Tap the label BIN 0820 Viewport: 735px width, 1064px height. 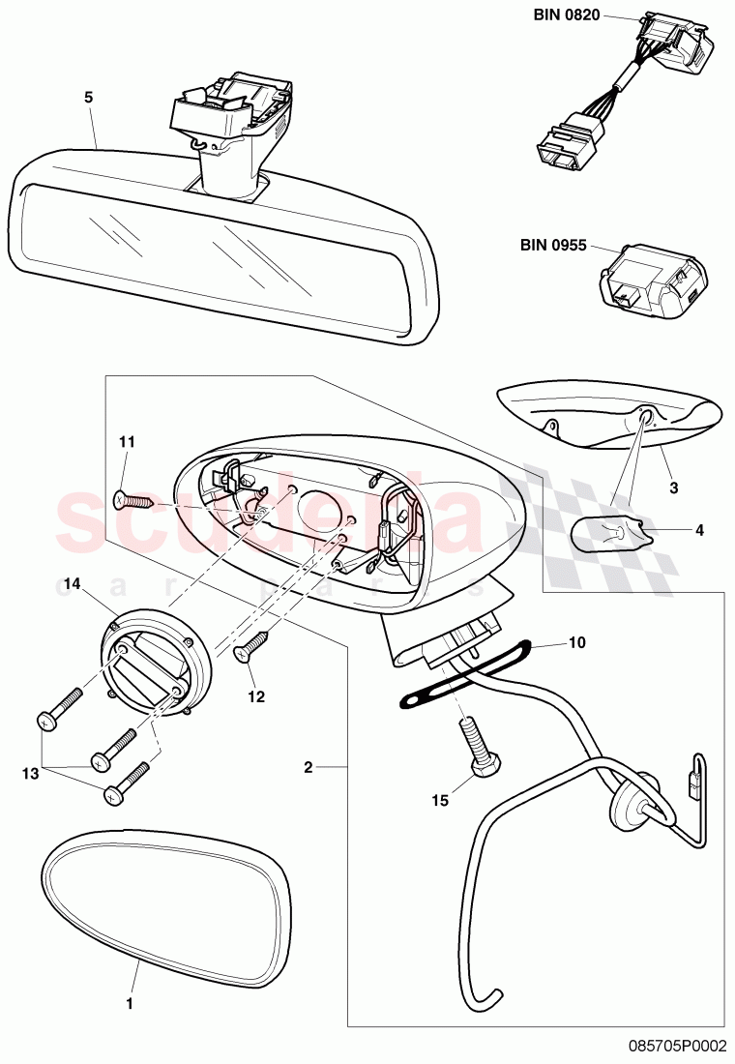click(567, 15)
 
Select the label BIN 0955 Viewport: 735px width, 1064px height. click(553, 245)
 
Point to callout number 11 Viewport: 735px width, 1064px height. click(127, 442)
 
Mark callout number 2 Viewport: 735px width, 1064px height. click(308, 768)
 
